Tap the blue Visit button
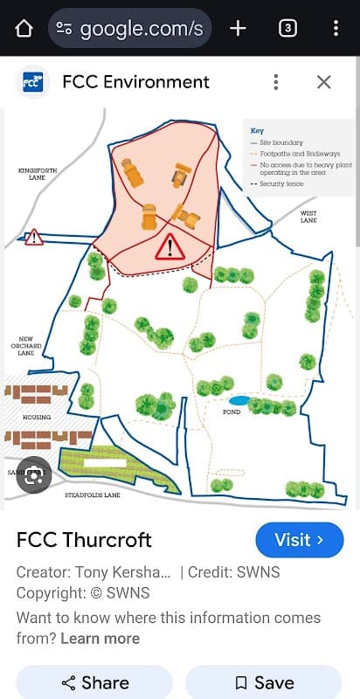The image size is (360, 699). point(300,540)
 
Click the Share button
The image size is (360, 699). point(95,683)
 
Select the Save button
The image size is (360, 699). point(264,683)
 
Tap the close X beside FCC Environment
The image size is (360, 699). point(323,82)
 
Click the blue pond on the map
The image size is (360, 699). point(239,400)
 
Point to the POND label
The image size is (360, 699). point(232,412)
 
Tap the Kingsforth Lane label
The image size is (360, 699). point(37,174)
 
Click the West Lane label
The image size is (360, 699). point(308,217)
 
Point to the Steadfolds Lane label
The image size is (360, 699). point(93,495)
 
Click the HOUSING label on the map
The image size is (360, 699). point(37,418)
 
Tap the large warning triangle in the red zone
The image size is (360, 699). point(169,247)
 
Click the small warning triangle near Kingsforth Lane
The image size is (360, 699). point(34,237)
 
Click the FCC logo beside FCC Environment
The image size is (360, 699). point(32,82)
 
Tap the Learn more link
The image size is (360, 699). point(100,639)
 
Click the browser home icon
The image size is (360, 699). point(24,28)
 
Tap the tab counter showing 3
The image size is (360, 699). point(287,28)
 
